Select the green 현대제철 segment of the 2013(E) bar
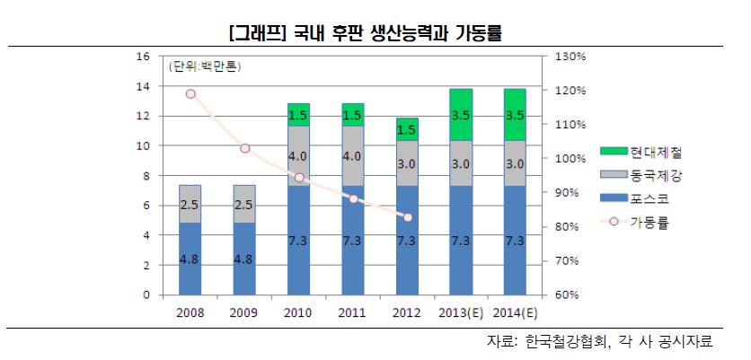coord(461,114)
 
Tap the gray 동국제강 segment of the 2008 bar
coord(190,204)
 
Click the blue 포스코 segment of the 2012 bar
coord(406,241)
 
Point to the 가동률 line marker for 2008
coord(190,93)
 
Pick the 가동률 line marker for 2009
coord(244,148)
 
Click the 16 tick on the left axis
coord(142,56)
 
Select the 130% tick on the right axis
coord(570,56)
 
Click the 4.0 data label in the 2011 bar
coord(352,156)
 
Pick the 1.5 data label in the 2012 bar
coord(407,129)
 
